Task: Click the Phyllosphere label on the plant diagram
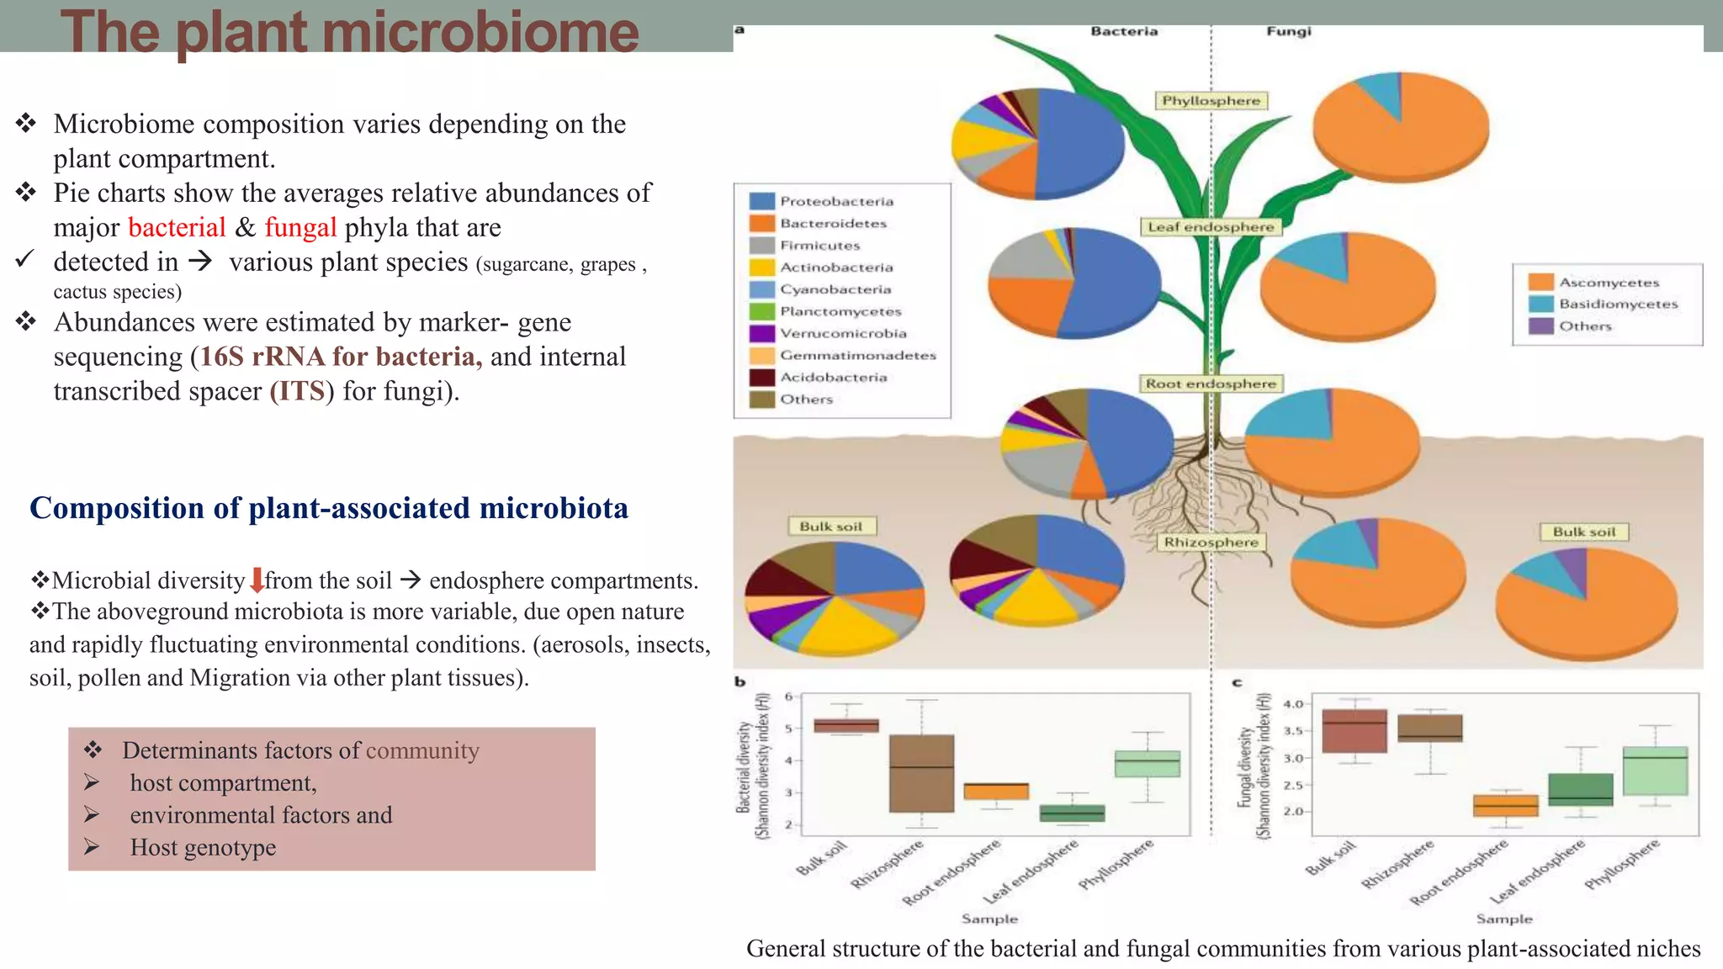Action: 1211,101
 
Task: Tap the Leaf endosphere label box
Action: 1211,227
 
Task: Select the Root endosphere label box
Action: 1211,384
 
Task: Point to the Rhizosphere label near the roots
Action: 1211,543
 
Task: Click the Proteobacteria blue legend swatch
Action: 761,201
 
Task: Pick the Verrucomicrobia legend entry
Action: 842,333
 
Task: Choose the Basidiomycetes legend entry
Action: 1617,304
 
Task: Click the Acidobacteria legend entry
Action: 833,378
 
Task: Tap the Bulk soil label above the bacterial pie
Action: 830,527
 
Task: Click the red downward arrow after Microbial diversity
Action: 257,580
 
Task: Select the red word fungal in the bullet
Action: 300,227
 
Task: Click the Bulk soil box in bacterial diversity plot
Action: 846,725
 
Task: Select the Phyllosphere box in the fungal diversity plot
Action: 1655,770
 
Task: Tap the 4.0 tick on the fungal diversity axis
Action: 1293,704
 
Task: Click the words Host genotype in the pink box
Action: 203,847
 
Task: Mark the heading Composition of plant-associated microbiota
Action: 328,508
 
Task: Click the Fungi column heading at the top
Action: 1288,31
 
